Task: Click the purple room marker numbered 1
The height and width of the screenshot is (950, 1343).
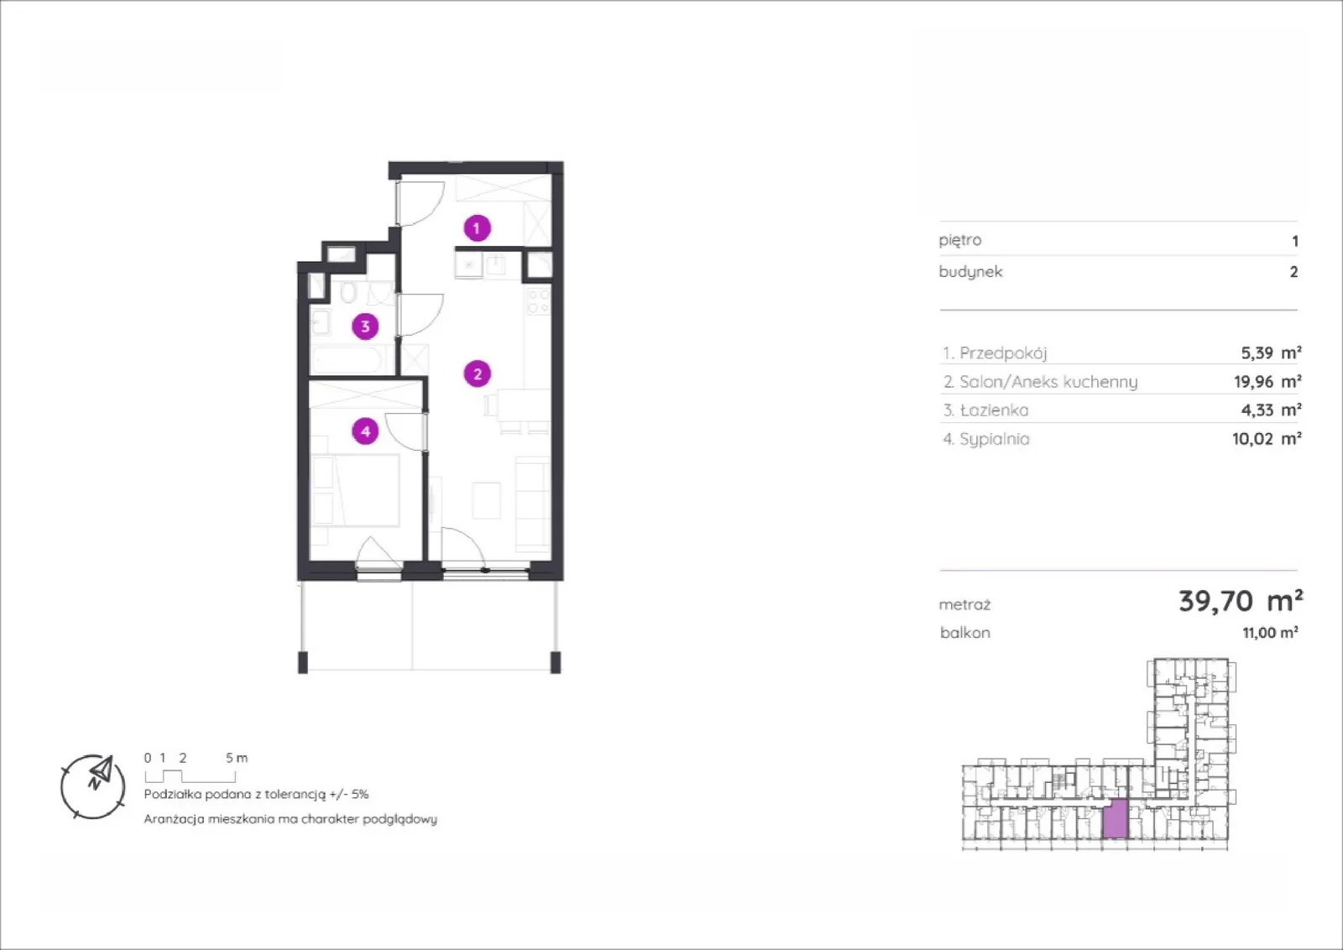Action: pos(478,227)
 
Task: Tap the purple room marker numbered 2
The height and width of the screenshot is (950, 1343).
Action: pos(478,374)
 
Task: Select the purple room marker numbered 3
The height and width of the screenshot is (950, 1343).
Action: pos(365,326)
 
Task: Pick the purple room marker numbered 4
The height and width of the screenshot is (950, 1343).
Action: pos(365,431)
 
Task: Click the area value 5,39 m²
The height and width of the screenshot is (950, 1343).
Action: pos(1271,352)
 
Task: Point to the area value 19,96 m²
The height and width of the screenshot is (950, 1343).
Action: pos(1267,381)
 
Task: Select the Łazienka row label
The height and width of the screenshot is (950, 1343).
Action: pos(985,410)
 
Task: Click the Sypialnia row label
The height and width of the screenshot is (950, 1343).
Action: pos(986,440)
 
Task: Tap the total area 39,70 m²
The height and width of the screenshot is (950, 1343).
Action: pos(1241,601)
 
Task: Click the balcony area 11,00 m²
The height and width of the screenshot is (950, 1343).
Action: pos(1270,632)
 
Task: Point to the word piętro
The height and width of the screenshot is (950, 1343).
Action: pos(960,240)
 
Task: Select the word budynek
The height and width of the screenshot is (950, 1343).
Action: pos(970,272)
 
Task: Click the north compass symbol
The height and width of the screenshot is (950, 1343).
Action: pos(93,786)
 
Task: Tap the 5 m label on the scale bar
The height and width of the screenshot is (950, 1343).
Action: pos(237,758)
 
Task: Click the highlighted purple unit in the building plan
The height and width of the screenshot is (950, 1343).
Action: pos(1116,818)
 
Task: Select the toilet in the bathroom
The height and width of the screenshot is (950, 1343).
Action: pos(348,293)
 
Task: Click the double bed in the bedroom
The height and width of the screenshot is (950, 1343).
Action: pos(356,490)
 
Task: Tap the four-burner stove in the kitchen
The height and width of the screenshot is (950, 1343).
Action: pos(538,301)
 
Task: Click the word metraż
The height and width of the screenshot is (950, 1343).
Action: pos(964,605)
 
